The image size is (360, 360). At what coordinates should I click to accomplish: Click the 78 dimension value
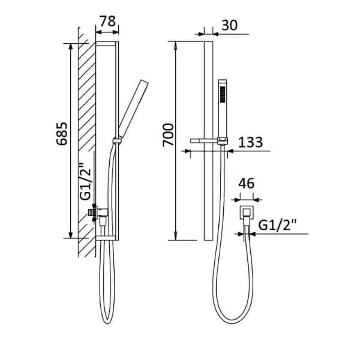(108, 22)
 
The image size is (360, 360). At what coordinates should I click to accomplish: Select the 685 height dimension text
(62, 134)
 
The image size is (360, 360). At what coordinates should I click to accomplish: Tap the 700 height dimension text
(168, 135)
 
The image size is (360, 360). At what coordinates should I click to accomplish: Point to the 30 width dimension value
(229, 25)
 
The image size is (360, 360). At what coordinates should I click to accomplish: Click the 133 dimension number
(250, 142)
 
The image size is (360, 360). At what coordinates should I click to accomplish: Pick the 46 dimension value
(247, 184)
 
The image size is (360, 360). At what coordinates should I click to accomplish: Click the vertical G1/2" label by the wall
(85, 181)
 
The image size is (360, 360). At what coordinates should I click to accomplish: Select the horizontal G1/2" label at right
(277, 225)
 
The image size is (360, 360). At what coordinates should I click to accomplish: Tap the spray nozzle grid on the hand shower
(223, 94)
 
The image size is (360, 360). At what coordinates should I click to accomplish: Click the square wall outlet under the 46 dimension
(247, 212)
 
